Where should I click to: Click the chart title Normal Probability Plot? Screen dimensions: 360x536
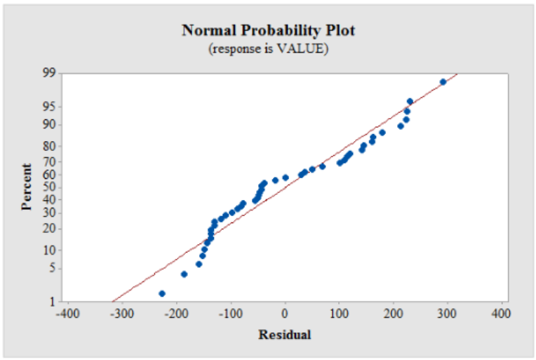[x=268, y=30]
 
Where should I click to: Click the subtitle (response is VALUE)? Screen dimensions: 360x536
[x=268, y=49]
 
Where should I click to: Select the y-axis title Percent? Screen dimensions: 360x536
[x=27, y=187]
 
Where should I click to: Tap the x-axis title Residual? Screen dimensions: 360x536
[x=285, y=334]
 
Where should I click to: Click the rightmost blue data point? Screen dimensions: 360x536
[x=443, y=82]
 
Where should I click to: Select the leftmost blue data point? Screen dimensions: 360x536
[x=162, y=293]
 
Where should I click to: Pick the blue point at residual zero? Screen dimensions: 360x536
[x=286, y=178]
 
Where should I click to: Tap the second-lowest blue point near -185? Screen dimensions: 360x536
[x=185, y=274]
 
